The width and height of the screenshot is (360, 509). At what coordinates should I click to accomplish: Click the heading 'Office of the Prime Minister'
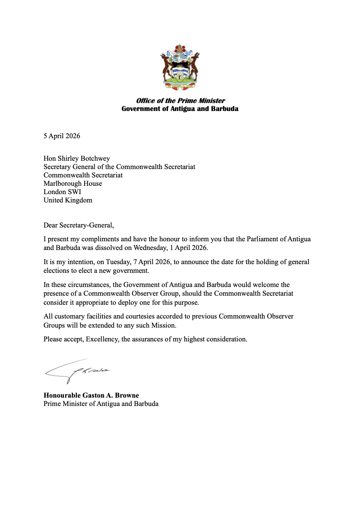180,101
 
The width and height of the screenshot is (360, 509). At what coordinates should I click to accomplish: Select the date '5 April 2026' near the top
62,136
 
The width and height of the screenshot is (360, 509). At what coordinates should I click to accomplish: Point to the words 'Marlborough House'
73,184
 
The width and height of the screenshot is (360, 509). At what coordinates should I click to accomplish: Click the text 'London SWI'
62,192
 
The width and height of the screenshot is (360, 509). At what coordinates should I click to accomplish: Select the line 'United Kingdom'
68,200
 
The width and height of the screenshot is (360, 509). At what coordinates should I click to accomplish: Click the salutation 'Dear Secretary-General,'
78,225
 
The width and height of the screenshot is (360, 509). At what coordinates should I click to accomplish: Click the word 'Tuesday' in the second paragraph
119,262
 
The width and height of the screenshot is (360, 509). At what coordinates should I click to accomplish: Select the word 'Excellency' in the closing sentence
102,339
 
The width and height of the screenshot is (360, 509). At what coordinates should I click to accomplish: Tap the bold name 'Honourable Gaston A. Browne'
91,395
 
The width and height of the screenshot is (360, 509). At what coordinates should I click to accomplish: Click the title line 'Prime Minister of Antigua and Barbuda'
101,404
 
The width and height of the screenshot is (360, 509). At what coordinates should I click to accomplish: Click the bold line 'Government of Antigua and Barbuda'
180,109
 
